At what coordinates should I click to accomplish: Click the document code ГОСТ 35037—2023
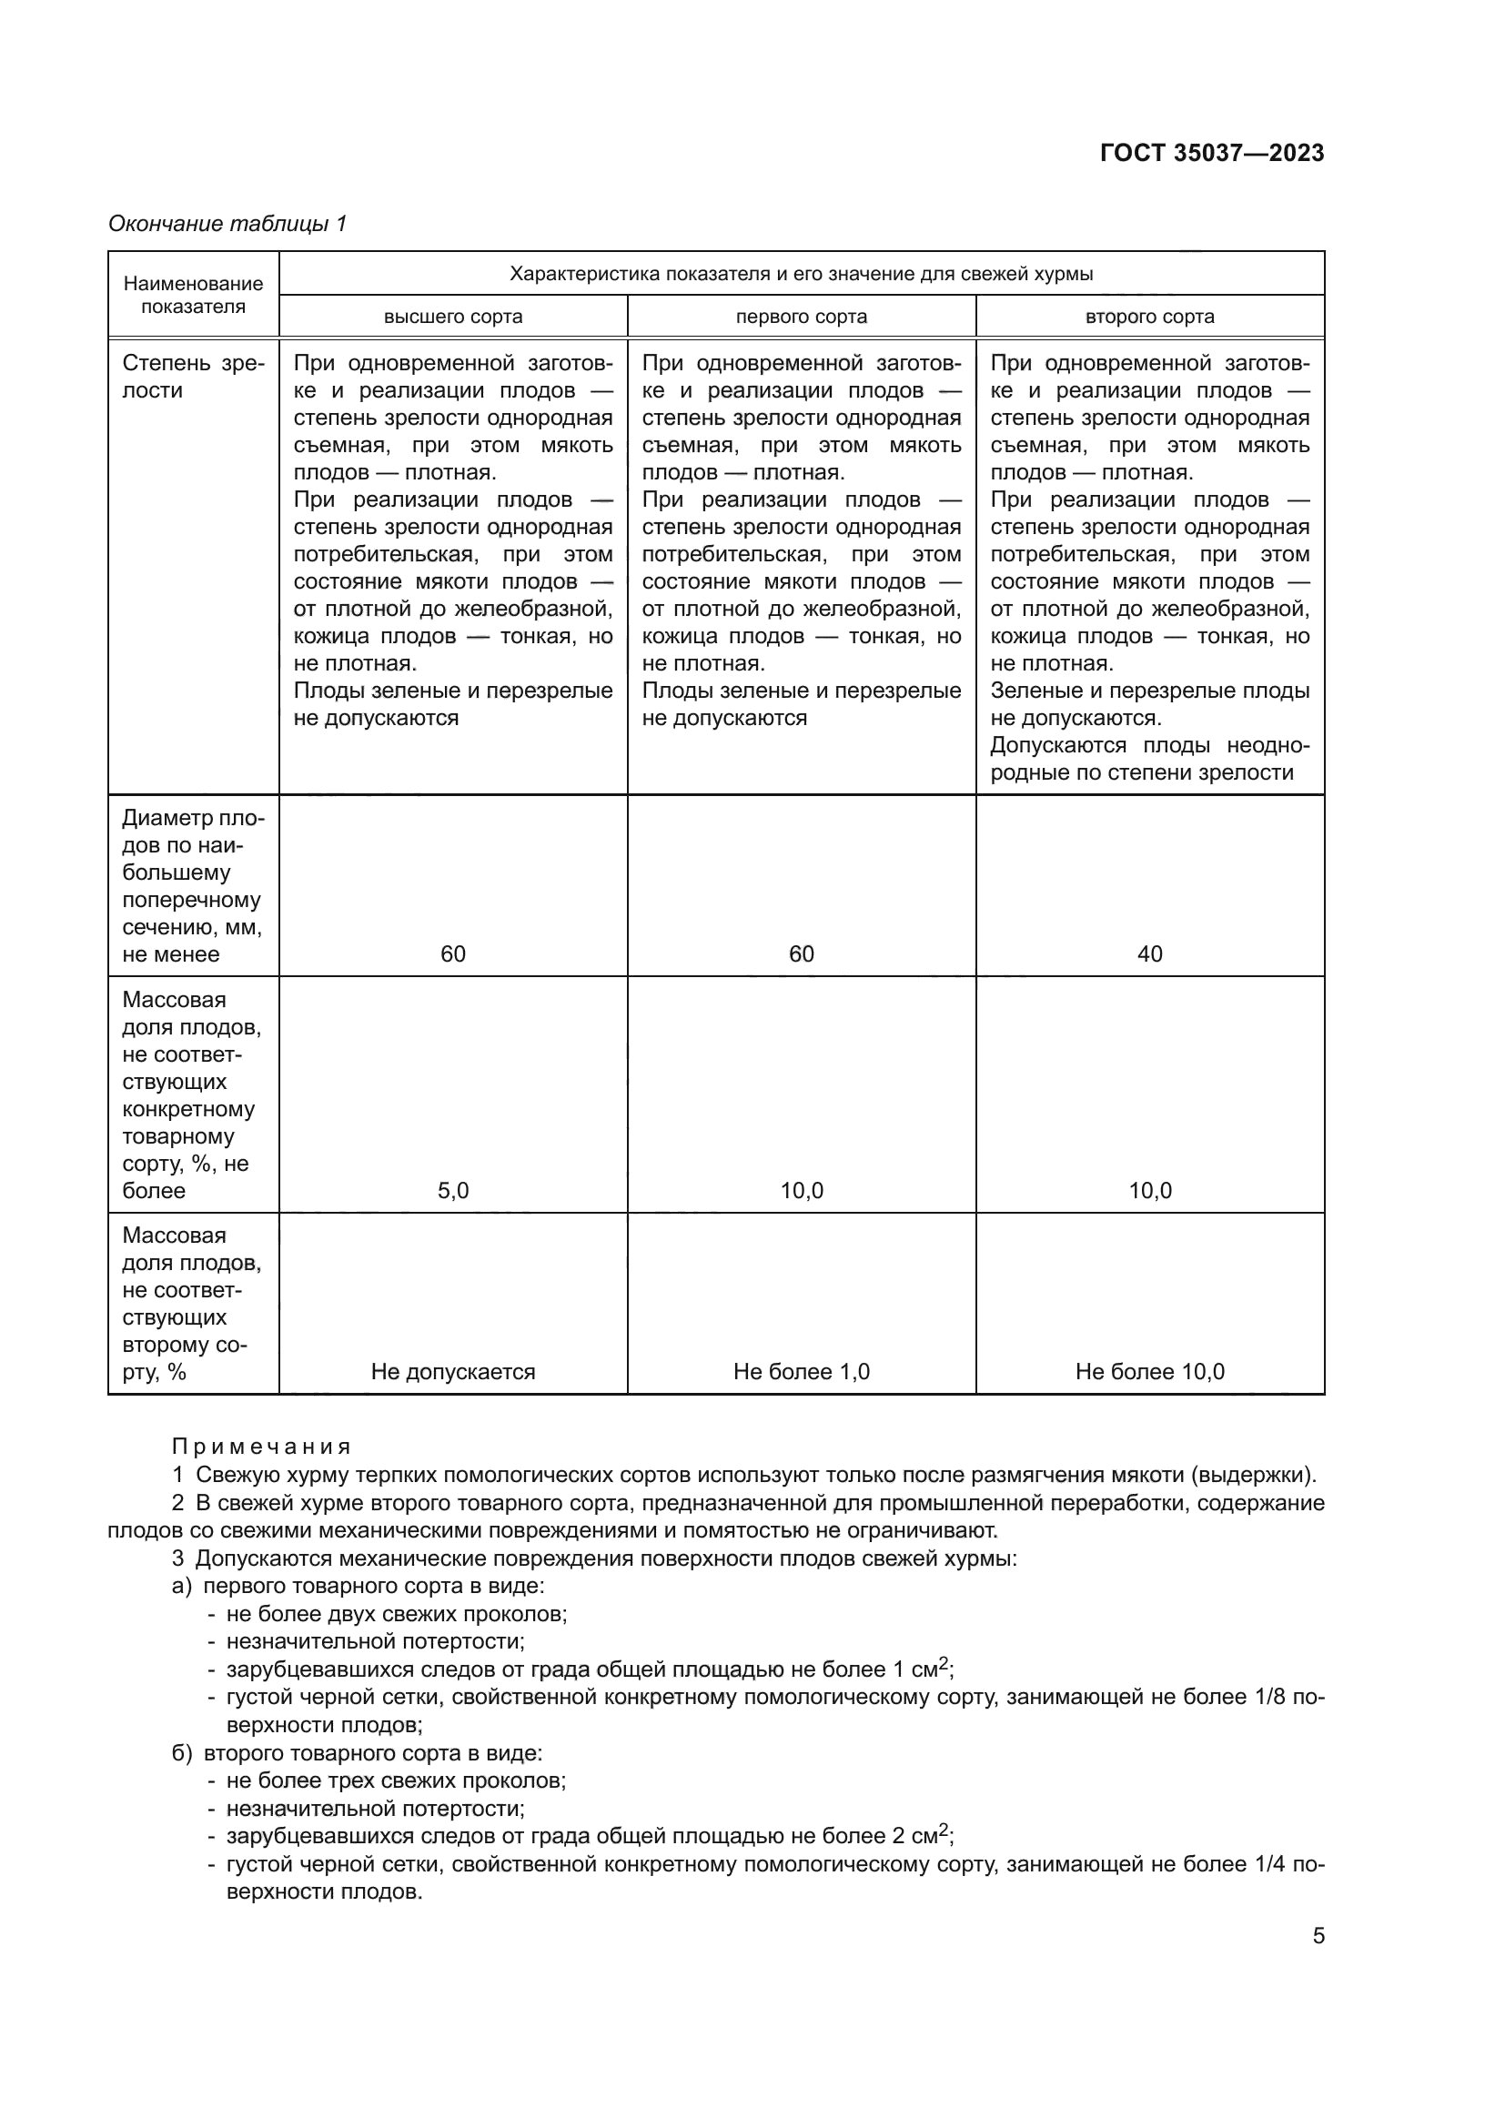click(x=1211, y=153)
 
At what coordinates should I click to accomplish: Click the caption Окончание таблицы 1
click(x=227, y=224)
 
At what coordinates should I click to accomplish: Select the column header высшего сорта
click(x=453, y=317)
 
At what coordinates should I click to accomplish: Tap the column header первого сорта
click(x=801, y=317)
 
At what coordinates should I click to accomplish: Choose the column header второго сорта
click(x=1149, y=317)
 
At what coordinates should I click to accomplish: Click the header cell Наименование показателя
click(x=193, y=295)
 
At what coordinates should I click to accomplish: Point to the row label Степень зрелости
click(x=193, y=377)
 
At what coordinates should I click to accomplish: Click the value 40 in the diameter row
click(x=1149, y=953)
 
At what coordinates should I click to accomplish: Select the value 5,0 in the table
click(x=453, y=1191)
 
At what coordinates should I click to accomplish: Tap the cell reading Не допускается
click(x=453, y=1372)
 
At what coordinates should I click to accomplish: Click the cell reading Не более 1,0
click(x=801, y=1372)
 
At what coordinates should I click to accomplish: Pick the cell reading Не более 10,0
click(x=1149, y=1372)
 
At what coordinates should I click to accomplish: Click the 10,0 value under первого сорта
click(x=801, y=1191)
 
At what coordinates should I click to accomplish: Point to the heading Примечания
click(x=261, y=1447)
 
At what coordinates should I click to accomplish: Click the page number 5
click(x=1318, y=1936)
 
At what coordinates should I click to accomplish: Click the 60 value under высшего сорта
click(x=453, y=953)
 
